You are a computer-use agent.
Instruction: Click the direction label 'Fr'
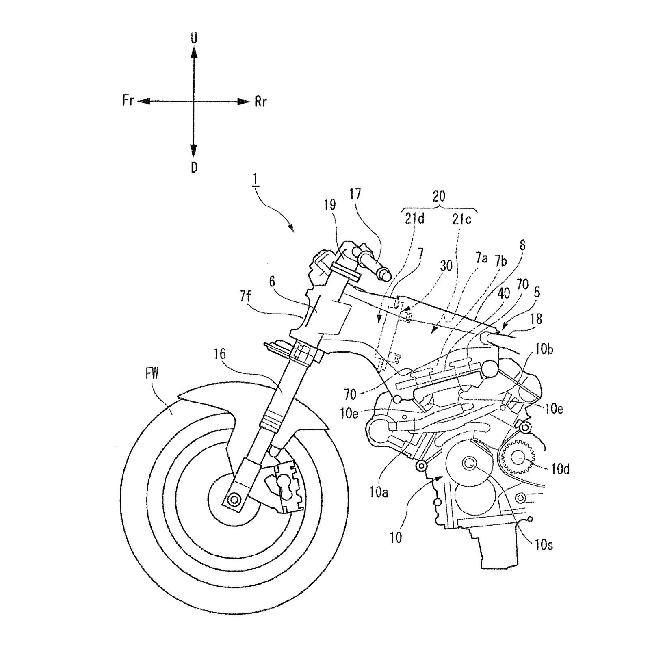click(128, 100)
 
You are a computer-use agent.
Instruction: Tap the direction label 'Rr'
click(260, 102)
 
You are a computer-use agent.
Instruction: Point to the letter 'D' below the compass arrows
click(194, 167)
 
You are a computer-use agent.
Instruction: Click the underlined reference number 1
click(256, 179)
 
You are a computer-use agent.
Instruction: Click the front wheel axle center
click(234, 499)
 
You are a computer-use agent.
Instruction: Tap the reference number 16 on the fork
click(220, 354)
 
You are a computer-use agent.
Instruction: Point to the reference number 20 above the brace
click(439, 196)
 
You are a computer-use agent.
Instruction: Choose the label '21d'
click(414, 220)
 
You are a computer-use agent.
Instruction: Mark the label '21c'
click(462, 220)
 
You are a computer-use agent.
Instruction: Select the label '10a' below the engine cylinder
click(379, 492)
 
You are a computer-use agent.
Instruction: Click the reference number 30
click(446, 266)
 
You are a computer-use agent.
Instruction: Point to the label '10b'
click(544, 349)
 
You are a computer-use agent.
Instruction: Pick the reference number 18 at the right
click(536, 319)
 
